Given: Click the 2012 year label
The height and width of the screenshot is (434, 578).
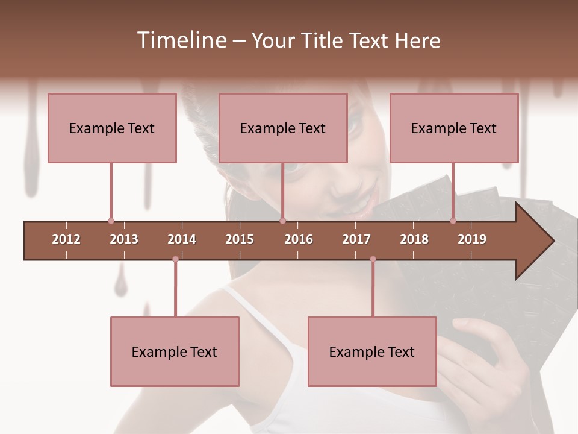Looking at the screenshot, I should tap(66, 239).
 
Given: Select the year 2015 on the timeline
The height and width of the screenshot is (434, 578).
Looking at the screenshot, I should tap(240, 239).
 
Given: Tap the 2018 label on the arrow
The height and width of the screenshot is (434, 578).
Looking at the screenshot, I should tap(414, 239).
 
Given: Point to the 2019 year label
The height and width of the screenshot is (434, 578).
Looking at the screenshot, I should tap(472, 239).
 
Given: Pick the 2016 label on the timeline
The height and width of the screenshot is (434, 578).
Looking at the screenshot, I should tap(299, 239).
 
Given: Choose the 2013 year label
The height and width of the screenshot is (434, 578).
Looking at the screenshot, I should tap(124, 239).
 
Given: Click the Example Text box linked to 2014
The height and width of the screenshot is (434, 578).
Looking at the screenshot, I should tap(175, 351).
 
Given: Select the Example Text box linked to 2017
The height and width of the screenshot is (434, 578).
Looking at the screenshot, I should tap(372, 351).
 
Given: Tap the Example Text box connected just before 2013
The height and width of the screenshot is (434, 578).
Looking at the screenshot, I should tap(112, 128).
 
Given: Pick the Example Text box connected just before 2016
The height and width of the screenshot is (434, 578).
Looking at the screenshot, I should tap(283, 128).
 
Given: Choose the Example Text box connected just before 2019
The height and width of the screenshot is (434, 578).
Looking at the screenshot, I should tap(454, 128).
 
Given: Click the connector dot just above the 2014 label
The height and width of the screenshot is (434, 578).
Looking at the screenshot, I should tap(175, 259).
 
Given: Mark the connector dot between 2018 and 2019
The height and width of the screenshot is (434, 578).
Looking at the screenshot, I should tap(453, 221).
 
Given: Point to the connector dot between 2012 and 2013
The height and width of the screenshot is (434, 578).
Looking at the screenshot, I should tap(111, 221).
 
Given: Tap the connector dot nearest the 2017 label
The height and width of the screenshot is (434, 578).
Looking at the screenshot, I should tap(373, 259).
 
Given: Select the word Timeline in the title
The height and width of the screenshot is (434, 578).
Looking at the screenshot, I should tap(181, 40).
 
